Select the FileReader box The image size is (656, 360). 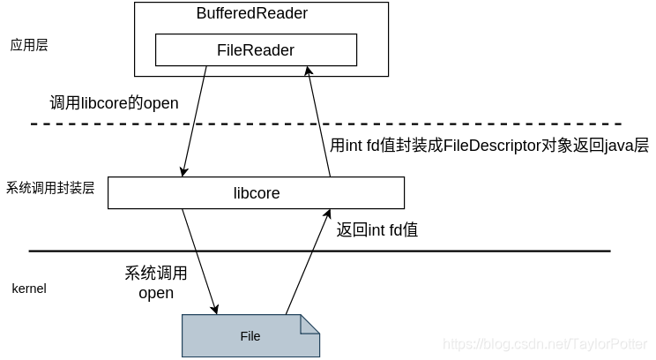click(x=256, y=50)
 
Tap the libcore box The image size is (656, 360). click(x=256, y=192)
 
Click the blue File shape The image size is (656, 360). click(x=250, y=335)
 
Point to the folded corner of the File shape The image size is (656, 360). click(x=309, y=324)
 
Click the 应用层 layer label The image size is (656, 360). click(x=29, y=44)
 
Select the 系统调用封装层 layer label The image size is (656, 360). click(x=50, y=188)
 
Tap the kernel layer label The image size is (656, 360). click(x=29, y=289)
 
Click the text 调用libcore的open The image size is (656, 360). click(x=115, y=103)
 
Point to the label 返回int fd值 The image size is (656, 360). click(x=377, y=230)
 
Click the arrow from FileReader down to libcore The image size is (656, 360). click(x=195, y=120)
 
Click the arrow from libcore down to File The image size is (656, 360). click(x=198, y=260)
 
